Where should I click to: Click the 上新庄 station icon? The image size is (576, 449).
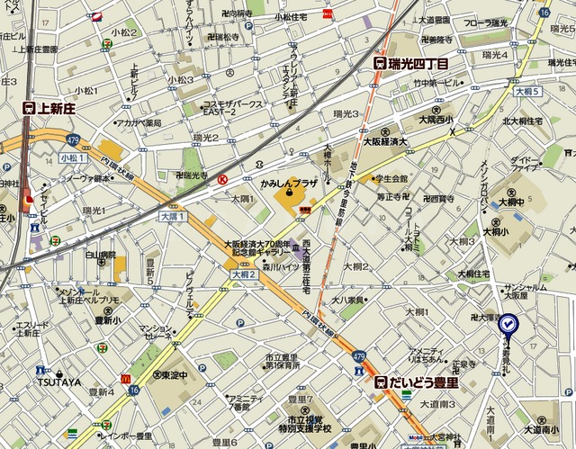pyautogui.click(x=30, y=107)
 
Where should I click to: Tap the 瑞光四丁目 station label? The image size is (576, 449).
pyautogui.click(x=418, y=64)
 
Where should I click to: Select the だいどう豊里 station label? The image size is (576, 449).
pyautogui.click(x=421, y=382)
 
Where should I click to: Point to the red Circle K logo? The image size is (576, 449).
pyautogui.click(x=221, y=180)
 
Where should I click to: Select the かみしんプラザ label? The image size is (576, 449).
pyautogui.click(x=289, y=183)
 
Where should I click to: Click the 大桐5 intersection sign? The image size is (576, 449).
pyautogui.click(x=526, y=92)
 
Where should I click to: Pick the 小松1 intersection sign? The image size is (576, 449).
pyautogui.click(x=73, y=157)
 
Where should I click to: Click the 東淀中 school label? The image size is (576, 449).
pyautogui.click(x=175, y=374)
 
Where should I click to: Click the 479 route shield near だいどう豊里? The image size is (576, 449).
pyautogui.click(x=359, y=357)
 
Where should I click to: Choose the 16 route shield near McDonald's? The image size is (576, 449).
pyautogui.click(x=133, y=391)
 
